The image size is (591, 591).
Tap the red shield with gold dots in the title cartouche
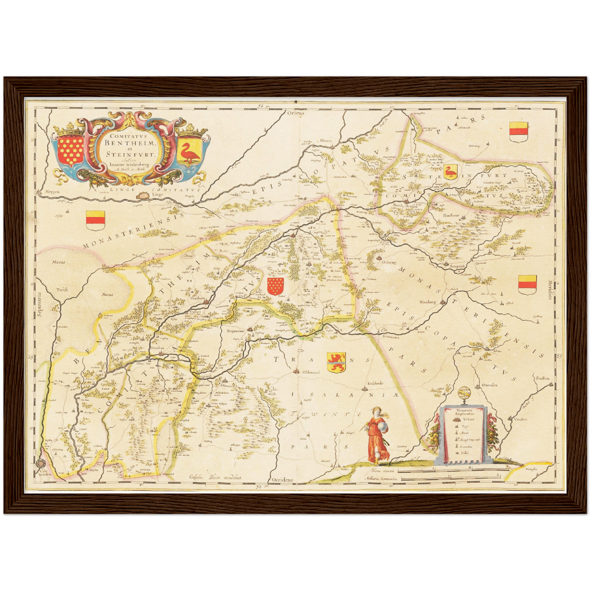pos(68,150)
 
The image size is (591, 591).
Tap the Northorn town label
pos(198,298)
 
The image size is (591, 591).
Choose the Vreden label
pos(520,419)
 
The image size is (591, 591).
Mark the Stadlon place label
pos(543,378)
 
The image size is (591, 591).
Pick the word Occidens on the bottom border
pos(282,480)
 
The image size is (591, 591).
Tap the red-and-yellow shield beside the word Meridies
pos(527,283)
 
